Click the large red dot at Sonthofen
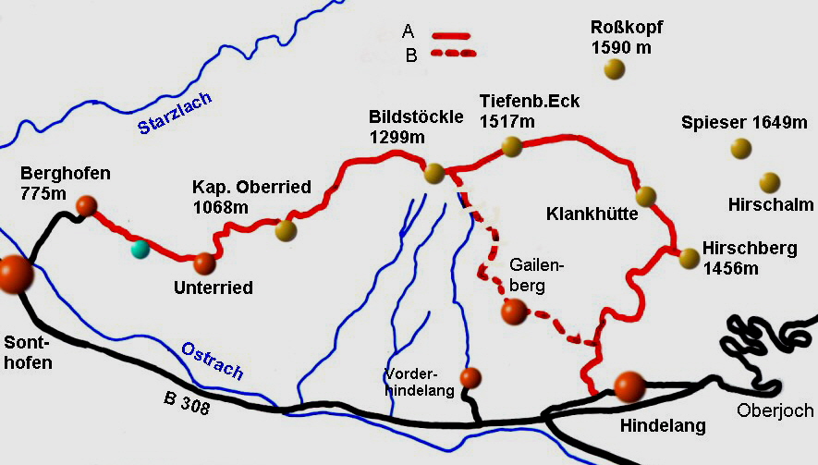click(15, 275)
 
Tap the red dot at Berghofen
click(86, 205)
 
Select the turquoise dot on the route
click(140, 248)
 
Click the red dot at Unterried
click(204, 263)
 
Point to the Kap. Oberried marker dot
click(286, 230)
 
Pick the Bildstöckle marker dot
click(433, 173)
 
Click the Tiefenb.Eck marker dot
click(511, 145)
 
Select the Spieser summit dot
click(740, 147)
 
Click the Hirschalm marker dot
click(769, 182)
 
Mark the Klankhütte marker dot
click(646, 196)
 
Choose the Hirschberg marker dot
click(689, 258)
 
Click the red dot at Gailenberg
click(513, 312)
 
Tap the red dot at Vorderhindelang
click(470, 377)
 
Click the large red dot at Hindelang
click(629, 386)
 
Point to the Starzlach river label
click(176, 114)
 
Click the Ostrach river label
click(213, 360)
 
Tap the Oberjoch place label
click(775, 410)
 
